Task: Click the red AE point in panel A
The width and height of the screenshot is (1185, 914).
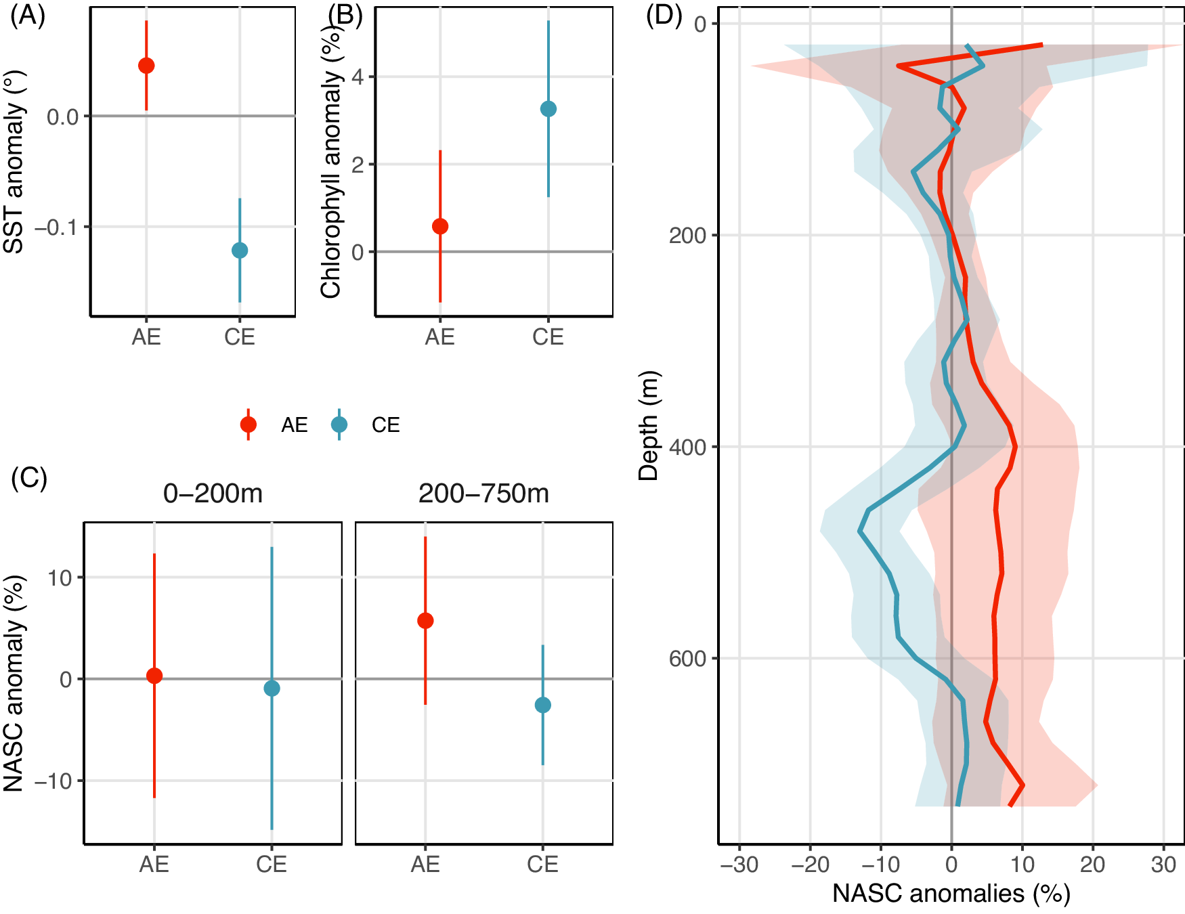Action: coord(146,66)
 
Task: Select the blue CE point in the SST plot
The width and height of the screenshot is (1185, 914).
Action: coord(240,251)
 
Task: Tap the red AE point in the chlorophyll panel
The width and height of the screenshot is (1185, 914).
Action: coord(440,226)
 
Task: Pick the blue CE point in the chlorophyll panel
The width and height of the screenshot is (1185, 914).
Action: coord(548,109)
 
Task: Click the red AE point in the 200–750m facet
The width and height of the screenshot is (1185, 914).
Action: coord(425,620)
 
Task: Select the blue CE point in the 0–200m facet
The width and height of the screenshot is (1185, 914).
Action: coord(272,689)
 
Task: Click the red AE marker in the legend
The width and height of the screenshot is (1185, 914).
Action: coord(249,425)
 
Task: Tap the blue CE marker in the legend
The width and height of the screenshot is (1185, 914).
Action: coord(339,425)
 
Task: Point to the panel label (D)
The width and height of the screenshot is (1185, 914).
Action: coord(664,15)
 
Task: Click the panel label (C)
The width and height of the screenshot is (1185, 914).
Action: coord(29,478)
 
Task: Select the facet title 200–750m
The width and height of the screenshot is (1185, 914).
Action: coord(483,494)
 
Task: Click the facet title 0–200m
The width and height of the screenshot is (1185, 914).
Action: coord(213,494)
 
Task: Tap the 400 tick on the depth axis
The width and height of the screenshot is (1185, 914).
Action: coord(687,447)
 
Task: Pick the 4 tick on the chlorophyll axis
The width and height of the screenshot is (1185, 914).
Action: coord(358,77)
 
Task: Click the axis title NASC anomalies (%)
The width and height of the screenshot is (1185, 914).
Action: coord(951,894)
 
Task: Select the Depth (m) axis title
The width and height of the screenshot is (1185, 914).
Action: coord(649,425)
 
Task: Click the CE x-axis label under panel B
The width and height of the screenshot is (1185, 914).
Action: coord(548,337)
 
